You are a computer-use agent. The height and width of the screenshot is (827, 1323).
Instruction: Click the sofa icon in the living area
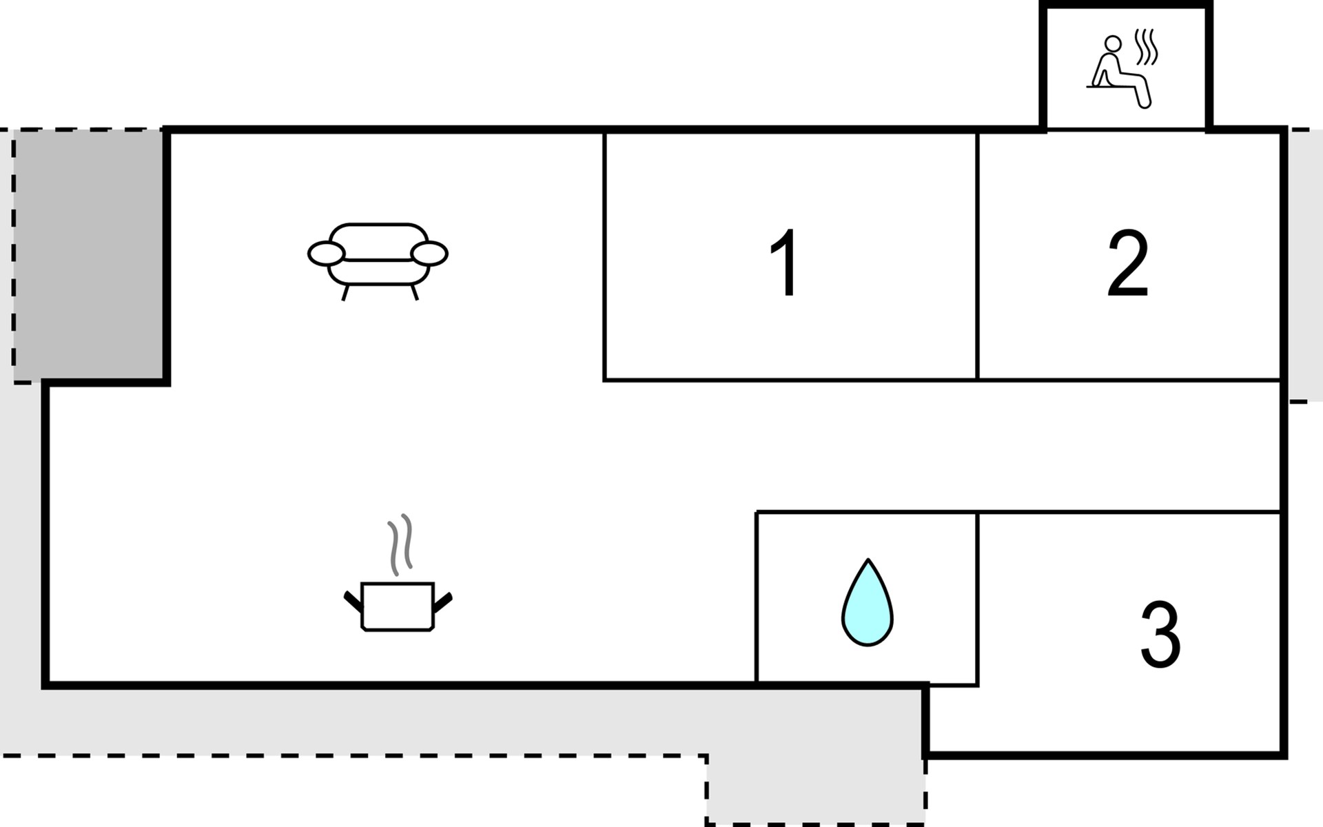[378, 261]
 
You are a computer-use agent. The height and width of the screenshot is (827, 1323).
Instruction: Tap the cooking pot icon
[398, 606]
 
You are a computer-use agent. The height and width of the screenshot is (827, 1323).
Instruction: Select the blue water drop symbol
[868, 602]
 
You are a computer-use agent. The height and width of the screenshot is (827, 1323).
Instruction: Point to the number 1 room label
[784, 263]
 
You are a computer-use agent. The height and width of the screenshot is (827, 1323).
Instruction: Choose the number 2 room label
[1128, 263]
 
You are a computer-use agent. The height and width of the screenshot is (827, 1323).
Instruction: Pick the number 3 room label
[1160, 635]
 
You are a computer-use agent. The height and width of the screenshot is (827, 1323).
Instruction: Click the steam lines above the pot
[400, 544]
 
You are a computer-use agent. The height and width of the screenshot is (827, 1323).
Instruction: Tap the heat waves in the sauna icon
[1147, 47]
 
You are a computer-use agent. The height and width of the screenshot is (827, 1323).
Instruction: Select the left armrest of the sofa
[326, 254]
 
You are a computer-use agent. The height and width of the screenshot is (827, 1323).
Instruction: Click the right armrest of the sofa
[429, 254]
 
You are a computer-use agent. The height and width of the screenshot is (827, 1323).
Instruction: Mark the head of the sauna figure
[1113, 44]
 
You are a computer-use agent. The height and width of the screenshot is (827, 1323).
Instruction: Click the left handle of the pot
[353, 601]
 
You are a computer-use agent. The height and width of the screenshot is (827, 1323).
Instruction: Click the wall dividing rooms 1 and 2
[977, 256]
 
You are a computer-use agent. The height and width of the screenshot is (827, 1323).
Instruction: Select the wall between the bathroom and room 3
[978, 598]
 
